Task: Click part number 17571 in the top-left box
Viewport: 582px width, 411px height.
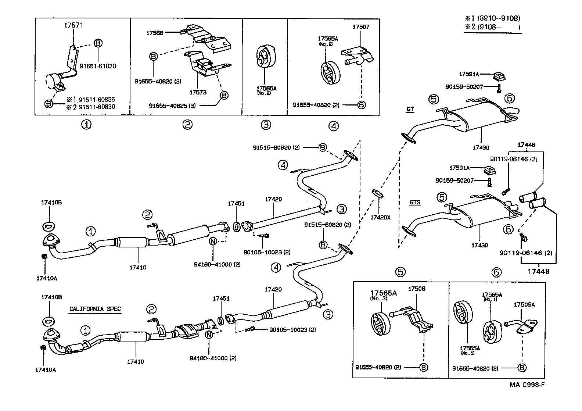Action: [73, 25]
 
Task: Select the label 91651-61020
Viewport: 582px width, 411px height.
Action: [98, 66]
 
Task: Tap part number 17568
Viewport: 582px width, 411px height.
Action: [155, 33]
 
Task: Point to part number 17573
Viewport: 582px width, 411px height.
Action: [198, 92]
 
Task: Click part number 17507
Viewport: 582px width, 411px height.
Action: [361, 27]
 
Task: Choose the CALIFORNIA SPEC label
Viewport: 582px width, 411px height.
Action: [95, 309]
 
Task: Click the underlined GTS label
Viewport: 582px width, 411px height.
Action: [415, 202]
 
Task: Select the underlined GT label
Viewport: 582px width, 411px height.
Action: [410, 109]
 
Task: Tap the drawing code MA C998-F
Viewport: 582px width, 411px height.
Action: [527, 385]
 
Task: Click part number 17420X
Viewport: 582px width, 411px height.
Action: [380, 217]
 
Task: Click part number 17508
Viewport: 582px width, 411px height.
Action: [417, 289]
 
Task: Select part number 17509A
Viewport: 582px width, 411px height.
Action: [524, 304]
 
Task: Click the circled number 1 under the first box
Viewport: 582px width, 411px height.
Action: [86, 125]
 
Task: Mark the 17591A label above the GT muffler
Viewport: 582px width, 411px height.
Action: [469, 74]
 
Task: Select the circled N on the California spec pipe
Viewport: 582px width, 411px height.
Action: [208, 335]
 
